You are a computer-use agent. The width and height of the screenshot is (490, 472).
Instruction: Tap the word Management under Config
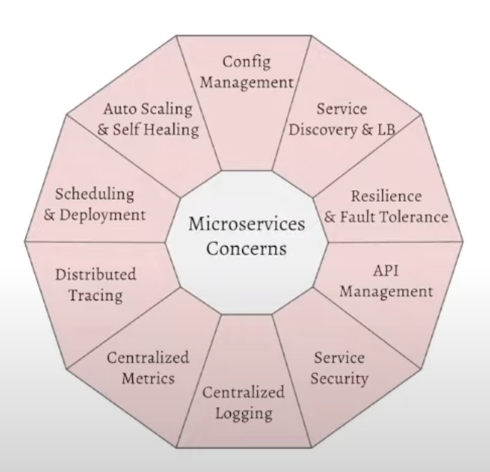pos(246,82)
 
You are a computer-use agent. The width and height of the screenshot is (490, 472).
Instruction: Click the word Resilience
pos(386,196)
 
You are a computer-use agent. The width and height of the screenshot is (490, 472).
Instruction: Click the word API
pos(386,272)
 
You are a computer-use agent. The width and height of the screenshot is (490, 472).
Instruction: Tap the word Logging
pos(233,413)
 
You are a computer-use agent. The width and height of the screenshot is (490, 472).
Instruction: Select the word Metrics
pos(148,378)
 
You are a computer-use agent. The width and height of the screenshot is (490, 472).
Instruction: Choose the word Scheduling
pos(95,195)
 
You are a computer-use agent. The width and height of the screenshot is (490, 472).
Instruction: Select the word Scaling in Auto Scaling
pos(166,110)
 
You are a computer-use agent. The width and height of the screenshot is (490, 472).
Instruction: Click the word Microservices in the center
pos(246,225)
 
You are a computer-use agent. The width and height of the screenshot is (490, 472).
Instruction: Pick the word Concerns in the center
pos(246,248)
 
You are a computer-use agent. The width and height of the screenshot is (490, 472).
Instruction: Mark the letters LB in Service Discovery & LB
pos(386,129)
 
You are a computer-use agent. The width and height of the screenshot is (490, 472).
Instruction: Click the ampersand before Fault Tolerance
pos(331,216)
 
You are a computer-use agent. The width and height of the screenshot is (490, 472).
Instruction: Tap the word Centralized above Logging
pos(233,393)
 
